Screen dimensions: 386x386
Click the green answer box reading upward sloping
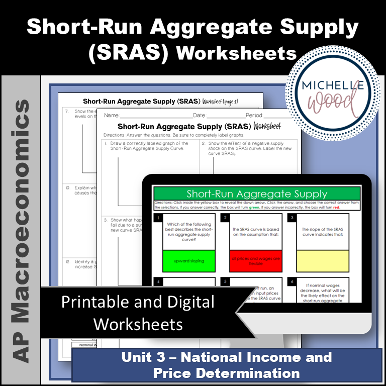coord(188,261)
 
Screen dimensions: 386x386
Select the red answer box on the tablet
coord(255,261)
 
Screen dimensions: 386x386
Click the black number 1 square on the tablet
coord(157,218)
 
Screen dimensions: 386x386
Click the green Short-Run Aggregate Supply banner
coord(256,194)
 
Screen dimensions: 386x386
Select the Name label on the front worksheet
coord(111,116)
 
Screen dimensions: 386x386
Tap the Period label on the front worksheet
coord(254,116)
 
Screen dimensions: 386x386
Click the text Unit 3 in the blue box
coord(146,357)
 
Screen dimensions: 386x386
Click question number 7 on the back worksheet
coord(67,112)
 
